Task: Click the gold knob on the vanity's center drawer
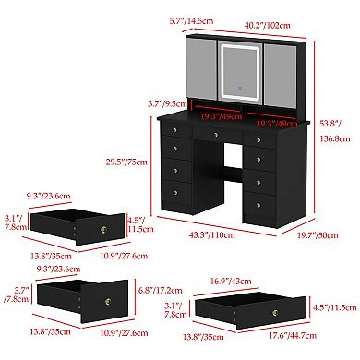tap(214, 135)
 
